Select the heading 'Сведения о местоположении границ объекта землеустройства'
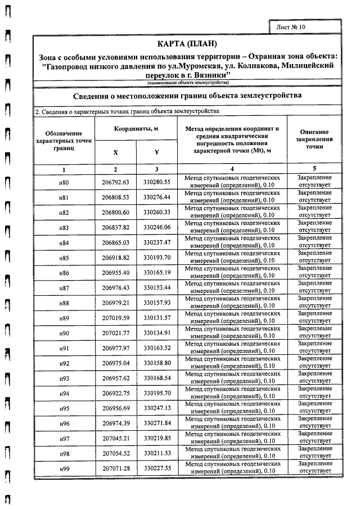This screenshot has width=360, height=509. [187, 96]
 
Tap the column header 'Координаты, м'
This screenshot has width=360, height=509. [136, 129]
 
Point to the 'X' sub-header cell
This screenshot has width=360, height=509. [116, 152]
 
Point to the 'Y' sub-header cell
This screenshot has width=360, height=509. [156, 152]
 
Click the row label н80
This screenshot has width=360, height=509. [64, 183]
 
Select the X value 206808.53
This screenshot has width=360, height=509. [116, 198]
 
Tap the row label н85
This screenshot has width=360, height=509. [64, 258]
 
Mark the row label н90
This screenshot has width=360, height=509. [64, 334]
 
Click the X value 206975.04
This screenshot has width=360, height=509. [116, 363]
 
